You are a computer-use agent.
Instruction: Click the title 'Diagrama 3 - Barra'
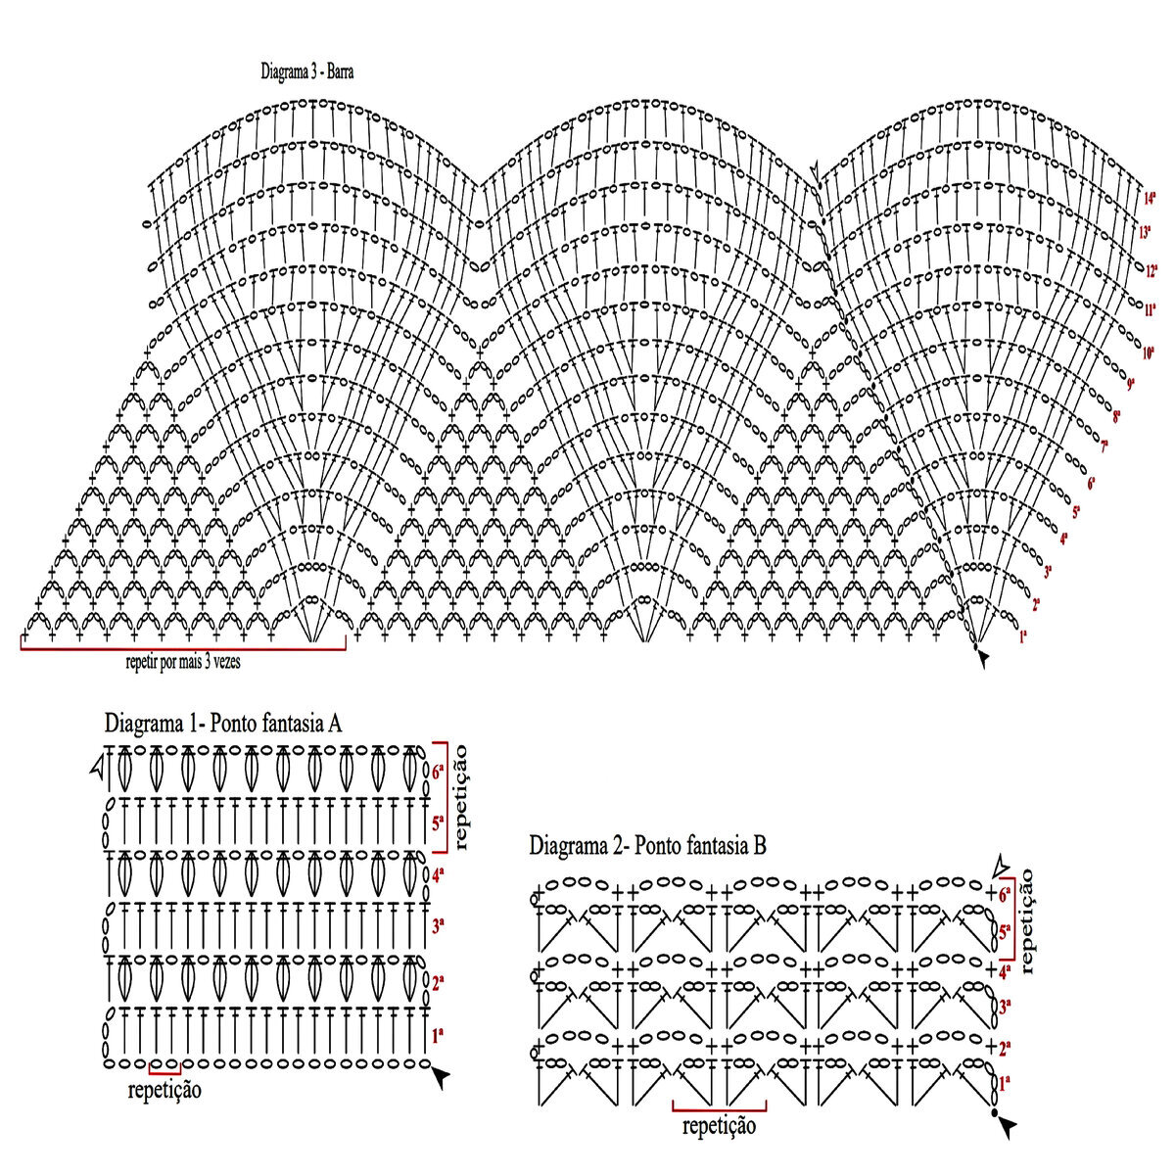pos(306,71)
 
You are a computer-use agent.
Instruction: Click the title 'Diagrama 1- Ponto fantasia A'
pos(222,724)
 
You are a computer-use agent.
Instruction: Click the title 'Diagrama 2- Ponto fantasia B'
pos(647,845)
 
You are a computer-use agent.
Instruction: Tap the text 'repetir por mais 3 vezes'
pos(183,661)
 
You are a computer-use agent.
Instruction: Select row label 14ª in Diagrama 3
pos(1150,198)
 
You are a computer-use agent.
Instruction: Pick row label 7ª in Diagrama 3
pos(1104,447)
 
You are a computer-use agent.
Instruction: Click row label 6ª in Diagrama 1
pos(438,771)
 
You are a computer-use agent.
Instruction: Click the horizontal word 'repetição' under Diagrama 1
pos(164,1089)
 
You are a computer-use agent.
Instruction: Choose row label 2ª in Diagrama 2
pos(1005,1047)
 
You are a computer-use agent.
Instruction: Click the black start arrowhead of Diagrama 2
pos(1007,1128)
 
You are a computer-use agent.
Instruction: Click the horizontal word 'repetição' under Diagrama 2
pos(720,1126)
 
